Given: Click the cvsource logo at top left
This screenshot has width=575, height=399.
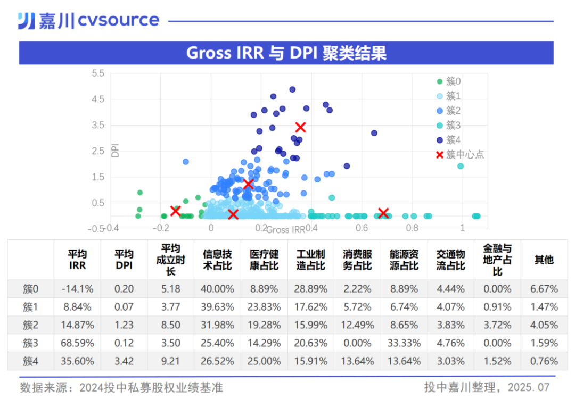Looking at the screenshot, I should point(88,21).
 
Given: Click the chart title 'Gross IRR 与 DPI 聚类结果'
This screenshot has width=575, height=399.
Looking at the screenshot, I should point(286,53).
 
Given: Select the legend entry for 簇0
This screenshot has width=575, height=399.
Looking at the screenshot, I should point(453,81).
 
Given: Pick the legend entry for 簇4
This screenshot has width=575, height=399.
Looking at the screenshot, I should point(453,140).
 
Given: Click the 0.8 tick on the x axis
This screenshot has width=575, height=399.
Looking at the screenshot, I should point(412,228).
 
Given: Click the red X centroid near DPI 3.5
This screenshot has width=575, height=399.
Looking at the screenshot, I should point(300,127).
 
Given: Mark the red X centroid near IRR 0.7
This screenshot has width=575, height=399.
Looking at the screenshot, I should point(383,213).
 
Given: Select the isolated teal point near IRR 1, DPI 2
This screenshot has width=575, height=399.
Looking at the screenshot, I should point(461,166).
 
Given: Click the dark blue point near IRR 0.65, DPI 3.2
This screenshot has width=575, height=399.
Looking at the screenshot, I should point(374,133).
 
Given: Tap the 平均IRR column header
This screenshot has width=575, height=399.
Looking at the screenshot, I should point(77,260).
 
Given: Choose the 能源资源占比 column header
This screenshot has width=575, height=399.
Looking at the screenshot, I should point(404,260).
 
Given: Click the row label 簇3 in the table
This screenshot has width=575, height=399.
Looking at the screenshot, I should point(30,343).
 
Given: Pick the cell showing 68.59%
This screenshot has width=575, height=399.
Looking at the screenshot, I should point(77,343).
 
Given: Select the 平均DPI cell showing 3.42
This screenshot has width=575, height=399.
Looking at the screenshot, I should point(124,361).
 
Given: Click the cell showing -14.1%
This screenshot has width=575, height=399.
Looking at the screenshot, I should point(77,289).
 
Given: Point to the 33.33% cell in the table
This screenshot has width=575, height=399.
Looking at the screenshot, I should point(404,343).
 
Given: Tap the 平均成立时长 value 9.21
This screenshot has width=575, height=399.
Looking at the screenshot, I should point(170,361).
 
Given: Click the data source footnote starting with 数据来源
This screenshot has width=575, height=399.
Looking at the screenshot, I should point(121,387).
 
